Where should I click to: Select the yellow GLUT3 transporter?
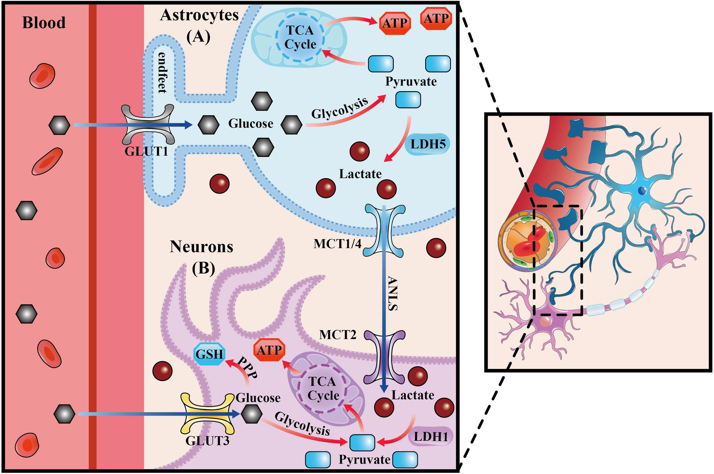point(208,413)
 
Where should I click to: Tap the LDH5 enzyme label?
point(427,144)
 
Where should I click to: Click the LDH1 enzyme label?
point(431,437)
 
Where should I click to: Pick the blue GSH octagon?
point(209,354)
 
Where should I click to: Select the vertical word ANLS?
point(392,293)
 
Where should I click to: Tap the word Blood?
point(44,23)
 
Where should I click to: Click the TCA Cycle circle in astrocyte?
point(300,37)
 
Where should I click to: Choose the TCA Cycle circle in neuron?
point(323,388)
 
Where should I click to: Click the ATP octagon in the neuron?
point(269,350)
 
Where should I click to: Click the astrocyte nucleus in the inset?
point(642,190)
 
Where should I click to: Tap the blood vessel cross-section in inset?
point(527,240)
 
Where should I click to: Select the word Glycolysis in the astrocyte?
point(339,108)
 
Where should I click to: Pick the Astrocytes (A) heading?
point(199,25)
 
